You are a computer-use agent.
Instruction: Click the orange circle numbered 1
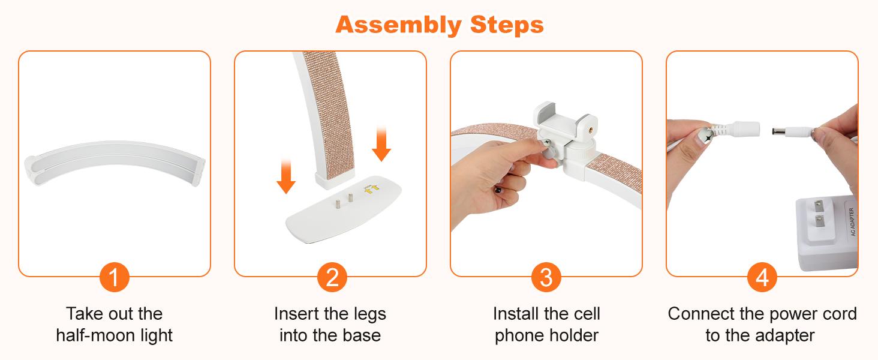point(114,278)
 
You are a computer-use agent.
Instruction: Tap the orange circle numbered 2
point(330,278)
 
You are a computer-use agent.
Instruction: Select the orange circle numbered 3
point(546,278)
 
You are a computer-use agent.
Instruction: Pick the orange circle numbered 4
point(762,278)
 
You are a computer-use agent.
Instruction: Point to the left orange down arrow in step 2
point(286,175)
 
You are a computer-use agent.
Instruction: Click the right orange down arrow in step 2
point(381,143)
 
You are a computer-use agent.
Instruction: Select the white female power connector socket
point(745,128)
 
